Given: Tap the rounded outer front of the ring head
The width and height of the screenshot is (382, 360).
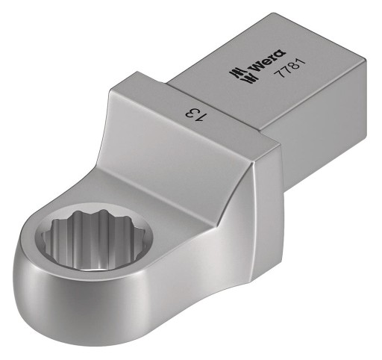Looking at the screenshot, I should tap(104, 314).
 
